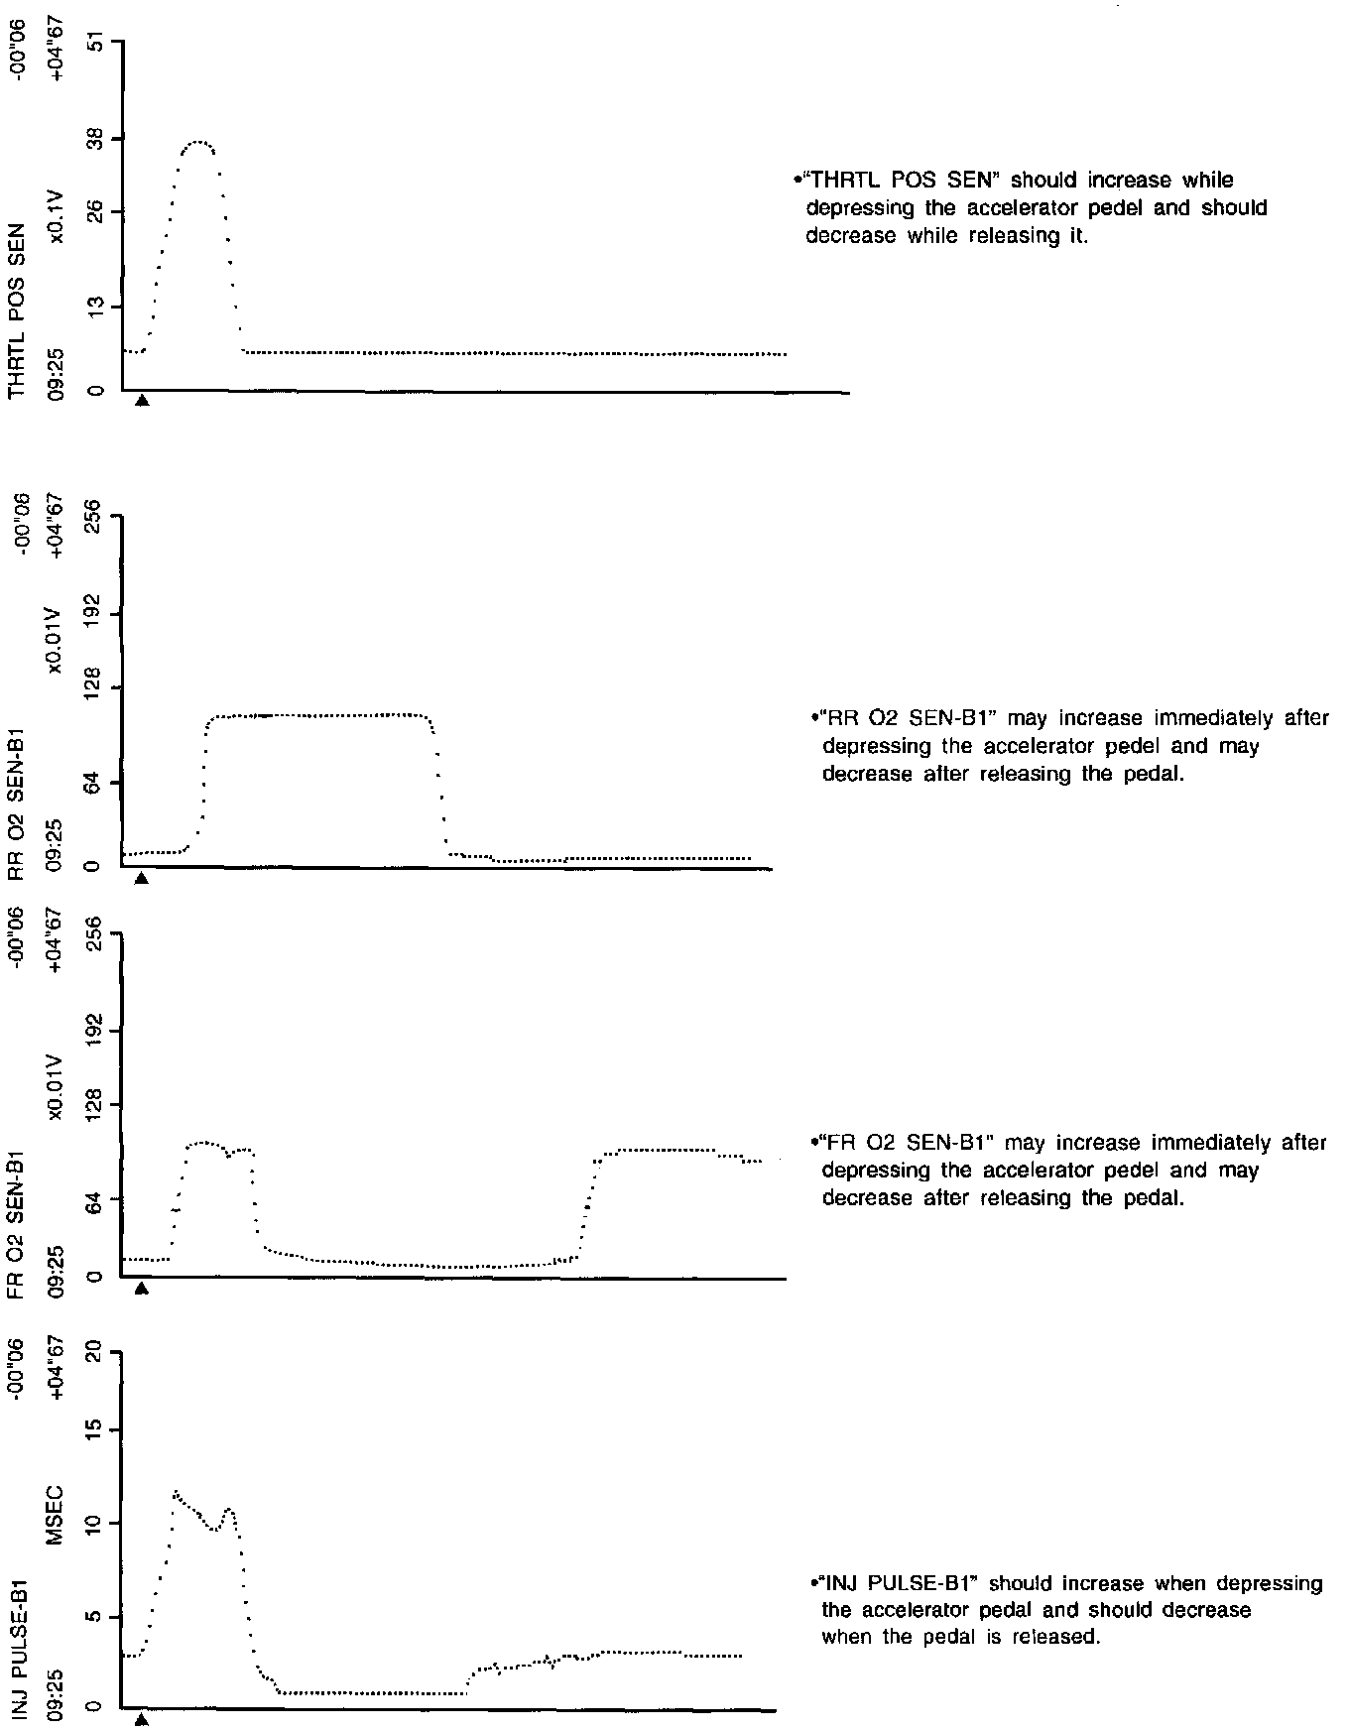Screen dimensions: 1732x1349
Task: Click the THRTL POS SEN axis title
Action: (17, 314)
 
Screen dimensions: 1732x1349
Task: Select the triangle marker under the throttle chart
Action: (142, 401)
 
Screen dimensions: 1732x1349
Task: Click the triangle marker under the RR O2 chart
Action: (142, 878)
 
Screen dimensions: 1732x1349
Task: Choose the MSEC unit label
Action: (57, 1515)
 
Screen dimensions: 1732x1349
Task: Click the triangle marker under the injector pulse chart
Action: (142, 1721)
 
